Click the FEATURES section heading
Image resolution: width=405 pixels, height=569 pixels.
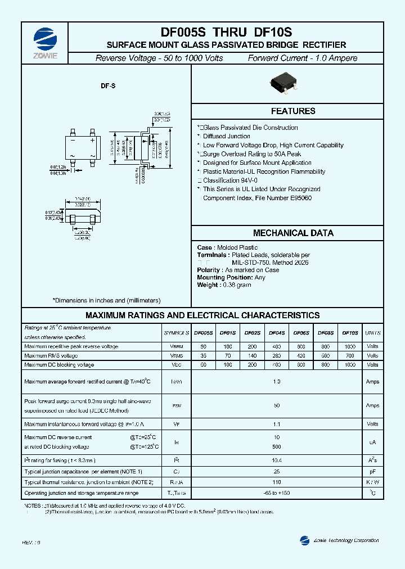pyautogui.click(x=293, y=111)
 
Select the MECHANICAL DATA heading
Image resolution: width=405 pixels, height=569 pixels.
pyautogui.click(x=293, y=233)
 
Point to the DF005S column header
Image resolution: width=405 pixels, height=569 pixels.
pyautogui.click(x=204, y=333)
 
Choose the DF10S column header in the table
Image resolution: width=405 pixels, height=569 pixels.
pyautogui.click(x=350, y=333)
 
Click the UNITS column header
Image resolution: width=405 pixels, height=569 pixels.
pyautogui.click(x=372, y=333)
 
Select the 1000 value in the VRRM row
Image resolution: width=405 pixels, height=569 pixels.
pyautogui.click(x=350, y=346)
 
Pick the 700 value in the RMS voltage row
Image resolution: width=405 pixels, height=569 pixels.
pyautogui.click(x=350, y=355)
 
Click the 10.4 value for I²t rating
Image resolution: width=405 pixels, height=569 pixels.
pyautogui.click(x=276, y=460)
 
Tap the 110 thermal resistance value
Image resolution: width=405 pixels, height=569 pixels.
pyautogui.click(x=276, y=482)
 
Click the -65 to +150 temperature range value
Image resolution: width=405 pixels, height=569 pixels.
pyautogui.click(x=276, y=493)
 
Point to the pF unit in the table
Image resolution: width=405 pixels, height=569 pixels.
pyautogui.click(x=372, y=471)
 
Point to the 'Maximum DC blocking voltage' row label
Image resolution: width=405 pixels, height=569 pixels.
pyautogui.click(x=59, y=365)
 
